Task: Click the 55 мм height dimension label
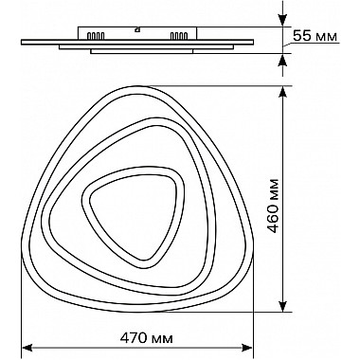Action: point(315,36)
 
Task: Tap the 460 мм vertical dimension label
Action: point(273,206)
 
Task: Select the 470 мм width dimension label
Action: point(147,338)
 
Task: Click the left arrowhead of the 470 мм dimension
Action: point(27,348)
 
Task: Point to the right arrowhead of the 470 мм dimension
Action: point(247,348)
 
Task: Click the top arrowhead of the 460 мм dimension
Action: point(283,92)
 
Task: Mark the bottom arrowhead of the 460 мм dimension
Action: point(283,305)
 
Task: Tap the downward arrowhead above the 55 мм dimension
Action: point(283,21)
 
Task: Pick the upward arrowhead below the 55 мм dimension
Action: point(283,60)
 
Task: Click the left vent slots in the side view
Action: point(96,36)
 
